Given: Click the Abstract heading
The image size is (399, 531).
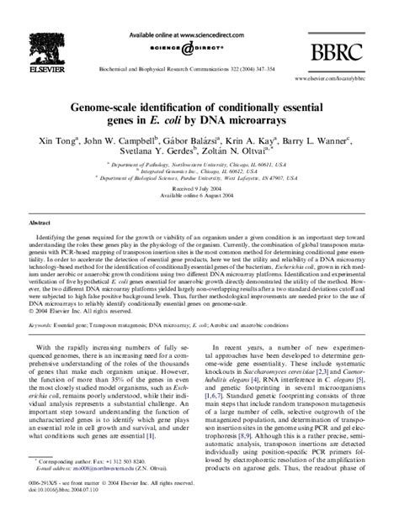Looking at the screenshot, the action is [x=40, y=224].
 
